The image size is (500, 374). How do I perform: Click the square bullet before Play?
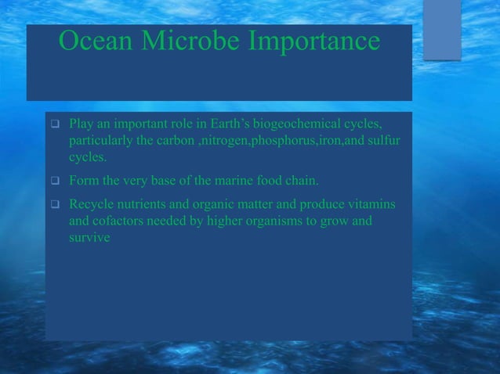pyautogui.click(x=55, y=125)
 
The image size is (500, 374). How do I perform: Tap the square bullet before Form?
pyautogui.click(x=55, y=185)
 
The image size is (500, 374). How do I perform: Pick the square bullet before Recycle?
pyautogui.click(x=55, y=205)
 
